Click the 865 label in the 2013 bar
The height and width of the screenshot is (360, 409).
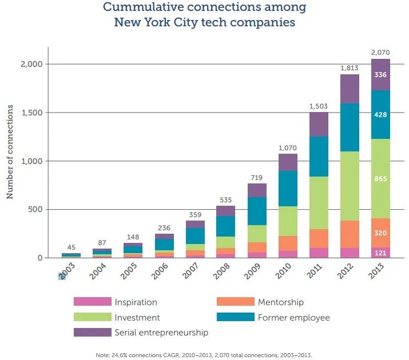tap(380, 179)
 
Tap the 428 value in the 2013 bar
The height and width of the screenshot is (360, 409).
tap(380, 115)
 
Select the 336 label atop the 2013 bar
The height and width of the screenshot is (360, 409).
tap(380, 75)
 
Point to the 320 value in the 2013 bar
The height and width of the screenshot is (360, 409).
tap(380, 233)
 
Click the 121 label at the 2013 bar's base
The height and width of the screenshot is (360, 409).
tap(380, 252)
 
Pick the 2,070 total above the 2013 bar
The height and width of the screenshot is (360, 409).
tap(380, 53)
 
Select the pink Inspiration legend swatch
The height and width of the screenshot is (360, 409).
tap(92, 302)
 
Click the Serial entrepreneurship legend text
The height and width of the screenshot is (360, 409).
tap(161, 332)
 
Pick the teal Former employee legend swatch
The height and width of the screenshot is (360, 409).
tap(236, 317)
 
